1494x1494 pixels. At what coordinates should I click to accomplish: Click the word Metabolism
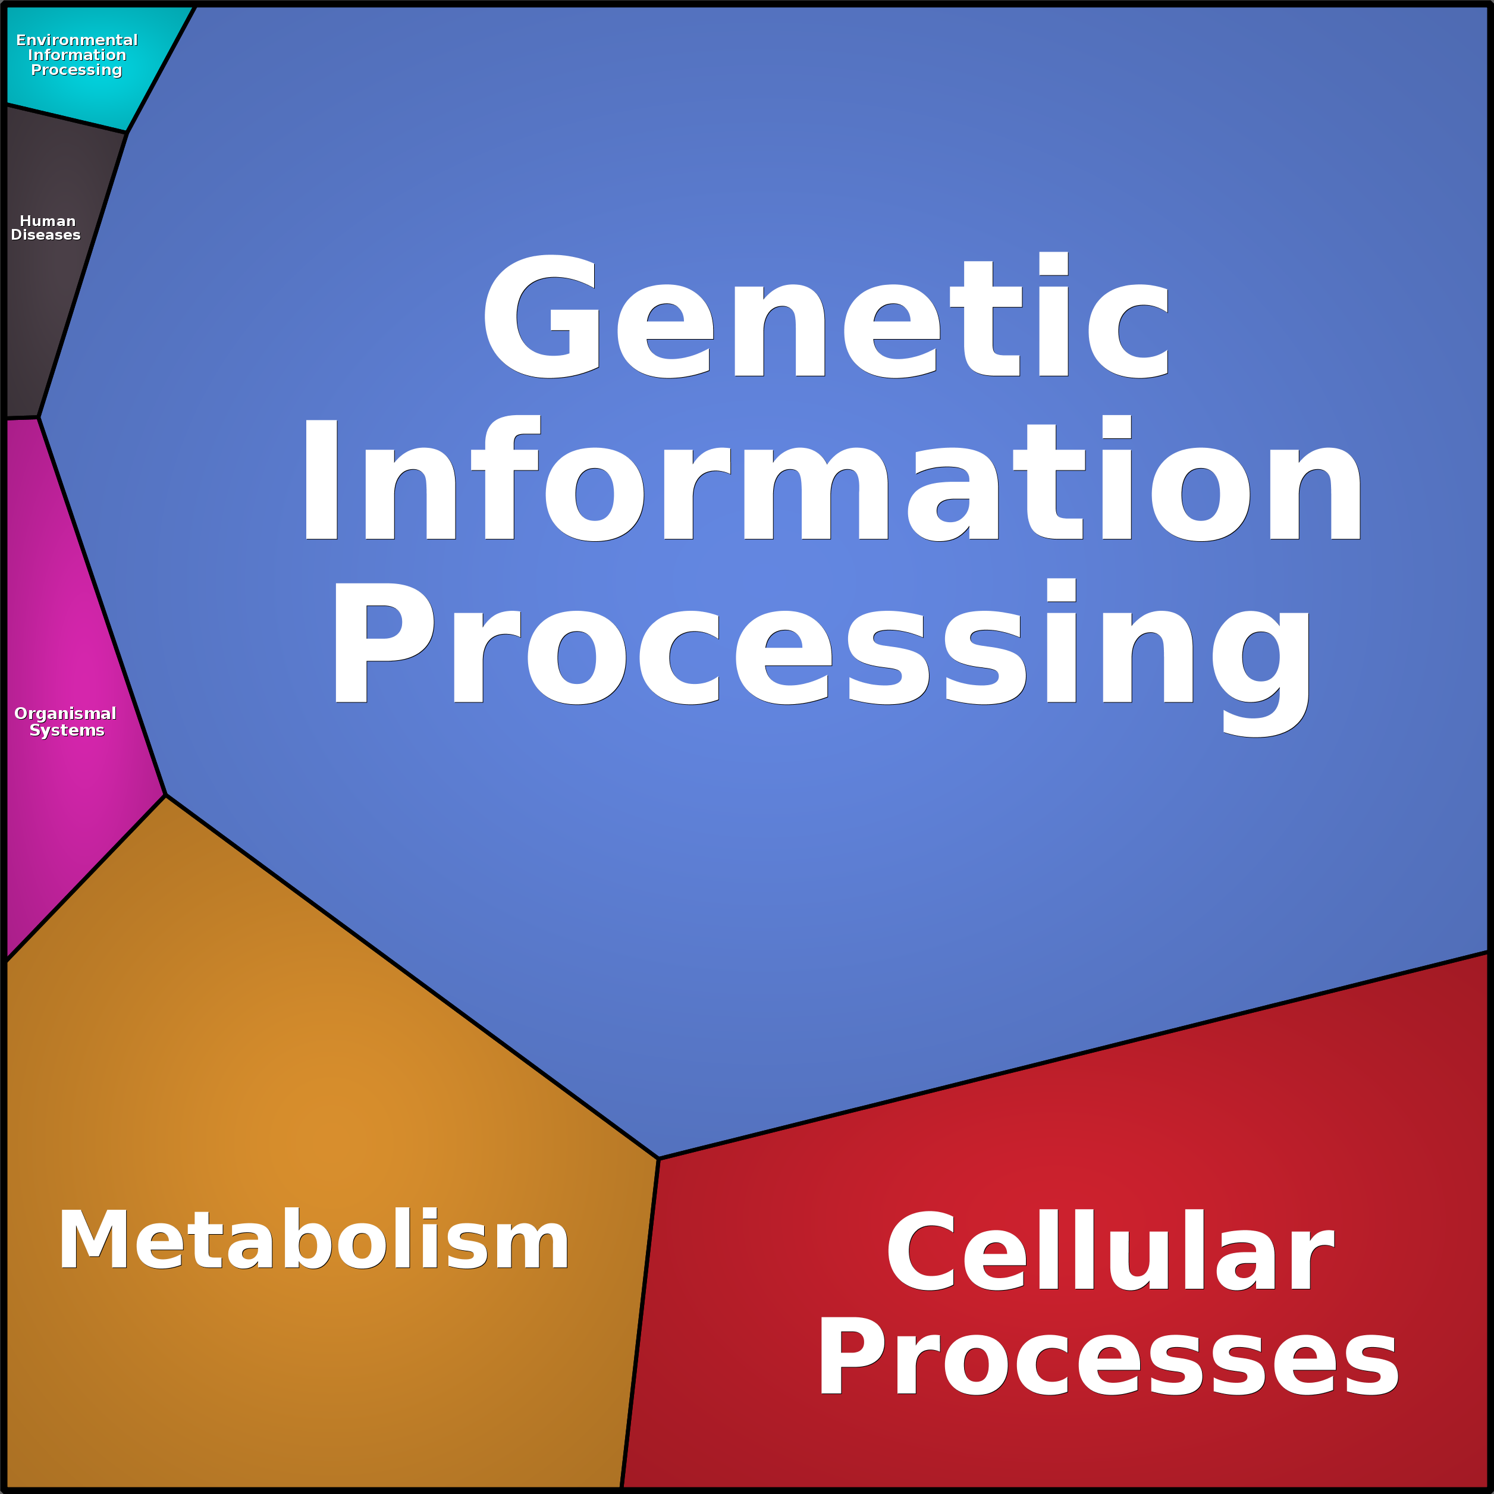[314, 1241]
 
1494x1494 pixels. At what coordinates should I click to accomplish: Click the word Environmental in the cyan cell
[77, 39]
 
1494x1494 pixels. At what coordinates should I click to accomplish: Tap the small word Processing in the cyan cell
[77, 70]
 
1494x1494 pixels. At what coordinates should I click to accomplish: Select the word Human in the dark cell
[47, 221]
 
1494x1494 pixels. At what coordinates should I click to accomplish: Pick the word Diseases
[46, 235]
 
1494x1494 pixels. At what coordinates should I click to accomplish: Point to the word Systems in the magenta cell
[67, 730]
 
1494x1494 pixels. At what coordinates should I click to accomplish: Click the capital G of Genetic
[541, 317]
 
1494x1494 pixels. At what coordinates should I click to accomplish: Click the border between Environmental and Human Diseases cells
[66, 118]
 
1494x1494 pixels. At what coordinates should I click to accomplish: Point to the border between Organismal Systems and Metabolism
[85, 878]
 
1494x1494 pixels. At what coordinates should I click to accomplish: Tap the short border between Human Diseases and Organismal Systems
[21, 418]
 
